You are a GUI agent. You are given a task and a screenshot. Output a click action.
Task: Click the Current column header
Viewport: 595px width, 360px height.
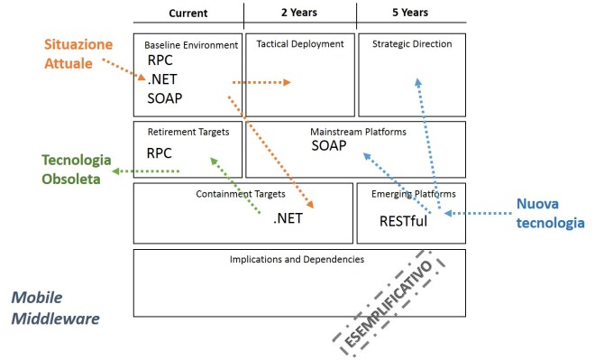click(x=188, y=14)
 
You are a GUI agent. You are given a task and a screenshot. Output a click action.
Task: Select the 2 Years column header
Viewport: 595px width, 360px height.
click(x=299, y=14)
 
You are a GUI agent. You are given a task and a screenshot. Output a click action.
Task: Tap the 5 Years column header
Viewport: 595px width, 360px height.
click(x=411, y=14)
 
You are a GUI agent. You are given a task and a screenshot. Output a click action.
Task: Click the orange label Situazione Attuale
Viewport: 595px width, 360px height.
click(x=80, y=53)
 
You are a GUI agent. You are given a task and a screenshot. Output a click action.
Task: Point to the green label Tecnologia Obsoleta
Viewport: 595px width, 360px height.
click(x=77, y=168)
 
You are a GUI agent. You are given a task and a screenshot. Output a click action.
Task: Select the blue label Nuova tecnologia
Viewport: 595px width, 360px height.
click(x=551, y=213)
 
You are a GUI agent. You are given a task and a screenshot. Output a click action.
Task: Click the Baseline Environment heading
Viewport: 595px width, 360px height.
click(x=191, y=44)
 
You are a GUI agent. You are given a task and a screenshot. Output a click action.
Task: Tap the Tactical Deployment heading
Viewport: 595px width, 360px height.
click(x=299, y=43)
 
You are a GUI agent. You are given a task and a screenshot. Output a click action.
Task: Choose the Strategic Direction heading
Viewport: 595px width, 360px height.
click(x=411, y=43)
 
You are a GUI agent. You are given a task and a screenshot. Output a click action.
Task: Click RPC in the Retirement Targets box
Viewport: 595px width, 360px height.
click(x=160, y=153)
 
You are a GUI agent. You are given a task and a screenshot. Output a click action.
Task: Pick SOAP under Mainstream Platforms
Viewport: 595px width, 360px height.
click(x=329, y=145)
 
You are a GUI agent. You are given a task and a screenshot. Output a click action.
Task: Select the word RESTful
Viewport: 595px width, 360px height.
click(x=403, y=218)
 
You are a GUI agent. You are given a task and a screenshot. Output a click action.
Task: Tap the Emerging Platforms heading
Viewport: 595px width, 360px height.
click(x=413, y=193)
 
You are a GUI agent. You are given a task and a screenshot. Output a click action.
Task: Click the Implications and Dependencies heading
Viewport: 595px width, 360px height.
click(x=297, y=260)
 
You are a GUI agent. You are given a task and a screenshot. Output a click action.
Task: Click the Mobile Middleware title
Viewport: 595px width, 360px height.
click(x=54, y=308)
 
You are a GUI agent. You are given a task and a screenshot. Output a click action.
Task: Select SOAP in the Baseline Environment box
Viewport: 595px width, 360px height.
click(x=165, y=97)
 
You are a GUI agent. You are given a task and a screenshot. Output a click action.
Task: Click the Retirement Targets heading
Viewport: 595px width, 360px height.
click(x=188, y=132)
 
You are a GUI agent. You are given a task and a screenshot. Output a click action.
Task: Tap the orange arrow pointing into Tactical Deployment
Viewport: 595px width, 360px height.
click(x=261, y=82)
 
